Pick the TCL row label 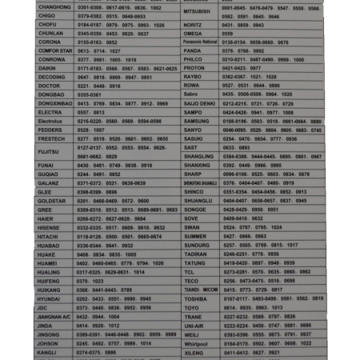click(189, 271)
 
